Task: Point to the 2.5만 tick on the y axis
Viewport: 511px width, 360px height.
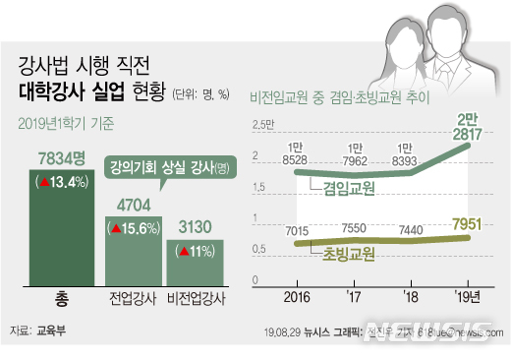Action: (x=262, y=123)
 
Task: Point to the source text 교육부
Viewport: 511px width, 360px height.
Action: (x=52, y=332)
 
